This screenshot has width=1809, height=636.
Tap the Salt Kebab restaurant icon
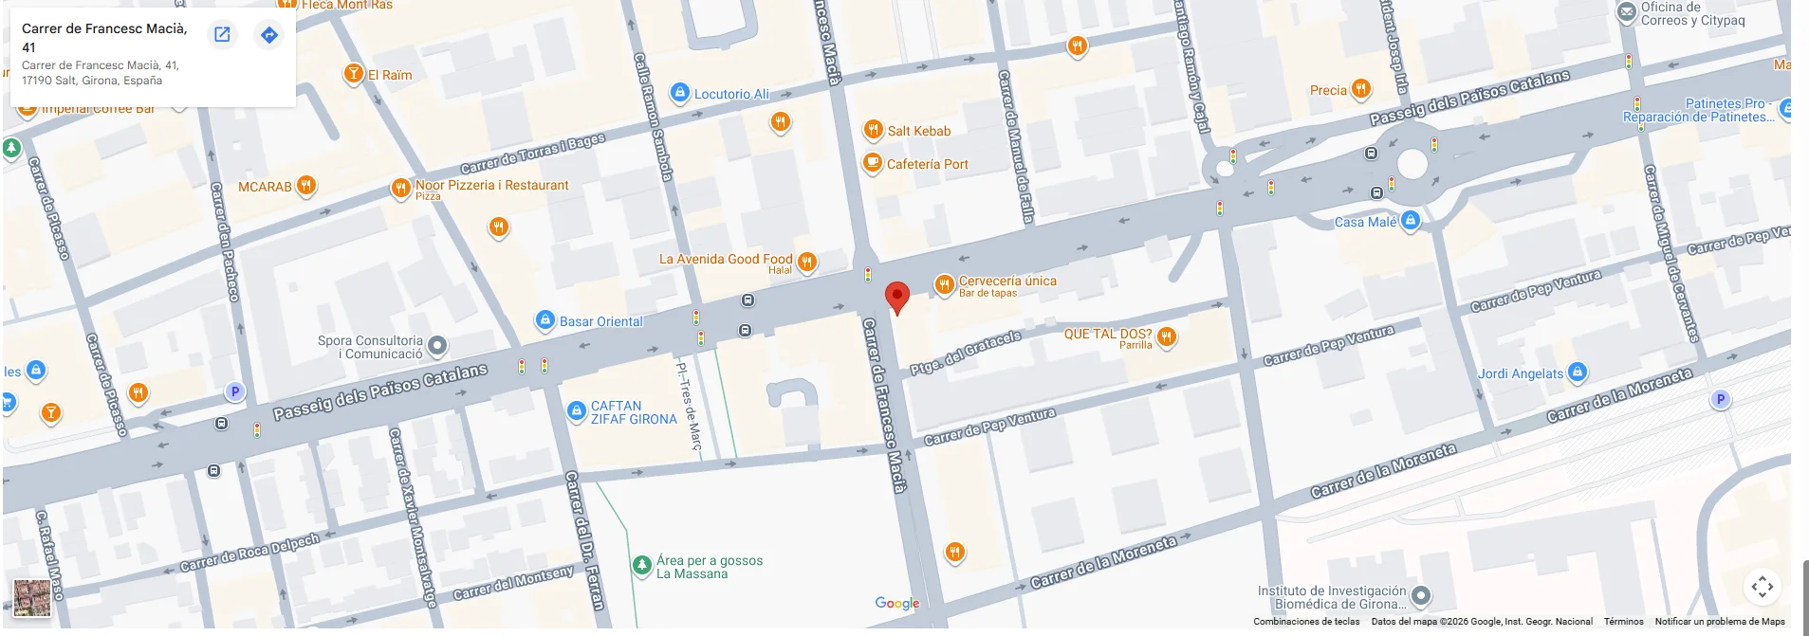873,130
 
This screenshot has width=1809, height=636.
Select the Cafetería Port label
927,164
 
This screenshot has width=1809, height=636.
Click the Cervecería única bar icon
944,283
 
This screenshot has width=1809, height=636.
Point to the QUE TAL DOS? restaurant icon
1167,336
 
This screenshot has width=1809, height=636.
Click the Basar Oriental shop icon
545,320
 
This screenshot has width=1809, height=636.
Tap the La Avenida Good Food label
725,259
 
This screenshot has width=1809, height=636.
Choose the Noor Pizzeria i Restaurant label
491,185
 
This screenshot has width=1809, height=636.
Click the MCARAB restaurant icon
305,185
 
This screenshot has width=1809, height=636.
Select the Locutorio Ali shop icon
679,93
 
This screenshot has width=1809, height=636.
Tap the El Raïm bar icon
353,73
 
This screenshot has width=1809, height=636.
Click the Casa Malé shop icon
1411,220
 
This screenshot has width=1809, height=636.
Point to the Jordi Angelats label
1520,373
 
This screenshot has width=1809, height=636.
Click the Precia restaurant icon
1360,89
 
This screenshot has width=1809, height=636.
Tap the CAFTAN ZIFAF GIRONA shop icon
576,410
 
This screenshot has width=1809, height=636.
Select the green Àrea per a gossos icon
641,565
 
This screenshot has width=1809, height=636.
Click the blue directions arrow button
269,35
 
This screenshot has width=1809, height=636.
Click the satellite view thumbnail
31,598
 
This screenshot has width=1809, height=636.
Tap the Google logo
896,603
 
